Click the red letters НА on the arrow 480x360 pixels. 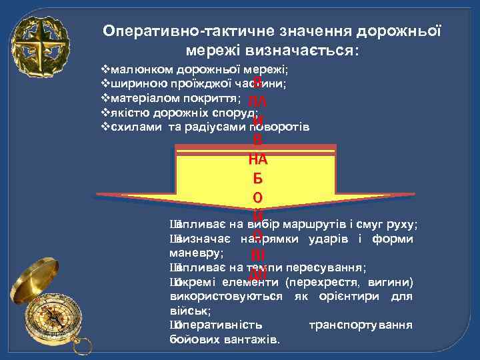coord(257,159)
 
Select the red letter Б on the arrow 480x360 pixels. coord(257,179)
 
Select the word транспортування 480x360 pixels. coord(361,325)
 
